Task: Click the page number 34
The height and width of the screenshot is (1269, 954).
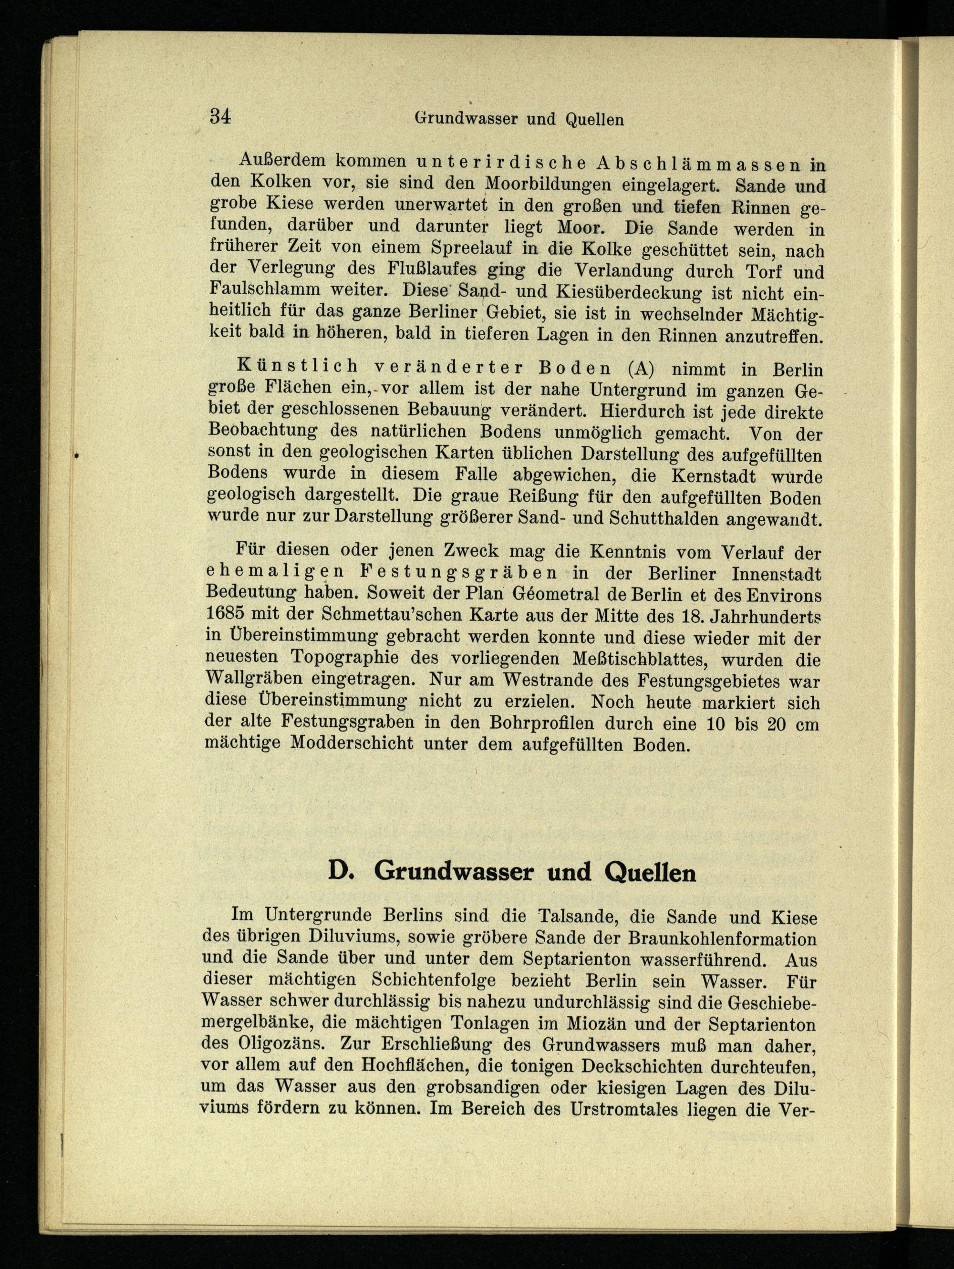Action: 220,116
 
